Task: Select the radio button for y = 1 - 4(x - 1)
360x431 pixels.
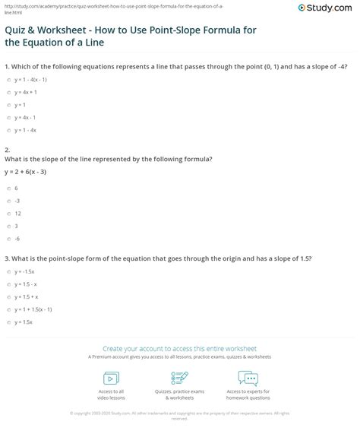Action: coord(8,80)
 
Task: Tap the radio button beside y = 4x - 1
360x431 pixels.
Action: coord(8,117)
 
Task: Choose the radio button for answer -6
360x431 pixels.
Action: coord(8,238)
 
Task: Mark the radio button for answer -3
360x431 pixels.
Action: coord(8,201)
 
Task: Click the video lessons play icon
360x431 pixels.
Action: coord(111,378)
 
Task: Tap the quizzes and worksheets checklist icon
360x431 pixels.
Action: coord(180,378)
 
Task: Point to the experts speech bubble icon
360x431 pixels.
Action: coord(248,378)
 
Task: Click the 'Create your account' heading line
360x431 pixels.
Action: coord(179,344)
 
